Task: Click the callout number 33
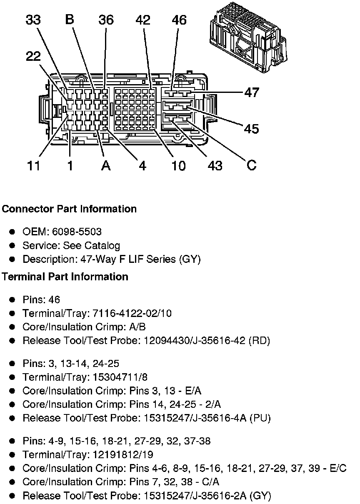[x=33, y=20]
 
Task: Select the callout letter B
[x=70, y=20]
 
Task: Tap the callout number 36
[x=106, y=20]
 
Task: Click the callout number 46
[x=179, y=20]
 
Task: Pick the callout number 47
[x=251, y=92]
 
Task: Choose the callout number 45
[x=251, y=129]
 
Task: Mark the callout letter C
[x=251, y=165]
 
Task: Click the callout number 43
[x=215, y=165]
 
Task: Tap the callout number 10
[x=178, y=165]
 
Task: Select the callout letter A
[x=106, y=165]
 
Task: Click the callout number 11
[x=33, y=165]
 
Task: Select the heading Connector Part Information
[x=69, y=209]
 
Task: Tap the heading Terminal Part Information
[x=65, y=277]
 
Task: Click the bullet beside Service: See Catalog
[x=13, y=245]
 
